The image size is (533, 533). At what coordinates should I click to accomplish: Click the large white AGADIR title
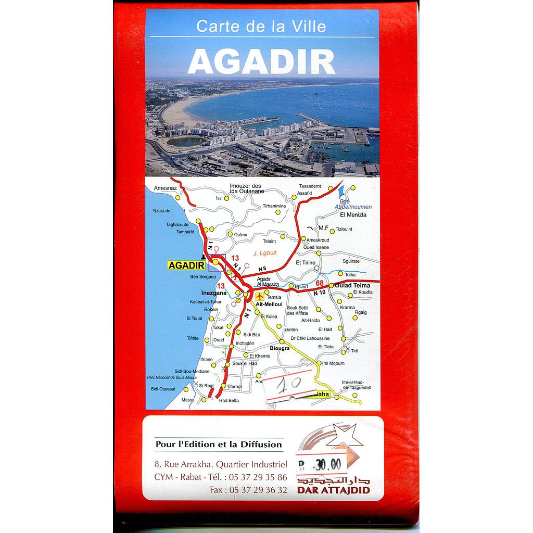[261, 62]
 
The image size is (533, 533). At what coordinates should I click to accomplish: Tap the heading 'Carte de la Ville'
[261, 27]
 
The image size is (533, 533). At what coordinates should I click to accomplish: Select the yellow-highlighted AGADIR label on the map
[185, 265]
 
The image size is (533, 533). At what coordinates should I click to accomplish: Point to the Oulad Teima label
[352, 285]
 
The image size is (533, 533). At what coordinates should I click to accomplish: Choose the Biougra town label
[279, 348]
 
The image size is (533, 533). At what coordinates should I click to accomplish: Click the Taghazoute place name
[176, 224]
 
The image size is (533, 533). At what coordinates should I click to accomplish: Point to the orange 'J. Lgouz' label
[265, 253]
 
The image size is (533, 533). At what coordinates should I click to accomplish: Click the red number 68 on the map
[320, 283]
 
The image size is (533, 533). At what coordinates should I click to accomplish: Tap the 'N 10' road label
[319, 293]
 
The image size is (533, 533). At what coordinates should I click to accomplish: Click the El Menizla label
[353, 214]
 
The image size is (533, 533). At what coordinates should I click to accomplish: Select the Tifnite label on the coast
[193, 338]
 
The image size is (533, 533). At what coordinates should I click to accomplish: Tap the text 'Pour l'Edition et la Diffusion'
[218, 445]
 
